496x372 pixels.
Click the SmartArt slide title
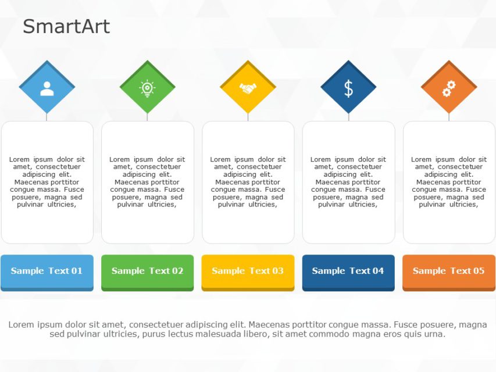tap(66, 27)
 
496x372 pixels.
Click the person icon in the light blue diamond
tap(47, 88)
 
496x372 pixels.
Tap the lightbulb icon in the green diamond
tap(147, 88)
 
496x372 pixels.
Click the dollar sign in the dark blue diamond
tap(348, 88)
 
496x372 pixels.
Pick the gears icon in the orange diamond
tap(449, 88)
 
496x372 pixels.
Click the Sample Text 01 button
tap(47, 271)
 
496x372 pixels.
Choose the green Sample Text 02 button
tap(147, 271)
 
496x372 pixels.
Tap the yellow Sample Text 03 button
tap(248, 271)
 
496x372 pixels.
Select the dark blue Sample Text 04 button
tap(348, 271)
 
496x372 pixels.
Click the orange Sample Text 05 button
tap(448, 271)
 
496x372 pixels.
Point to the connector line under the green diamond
tap(147, 117)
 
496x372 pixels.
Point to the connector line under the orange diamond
tap(449, 117)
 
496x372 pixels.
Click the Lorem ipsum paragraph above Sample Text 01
tap(47, 182)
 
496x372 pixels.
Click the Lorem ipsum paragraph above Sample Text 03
tap(248, 182)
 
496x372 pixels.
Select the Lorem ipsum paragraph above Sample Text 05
tap(448, 182)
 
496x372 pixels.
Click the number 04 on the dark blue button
tap(378, 271)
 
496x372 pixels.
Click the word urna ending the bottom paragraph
tap(434, 334)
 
